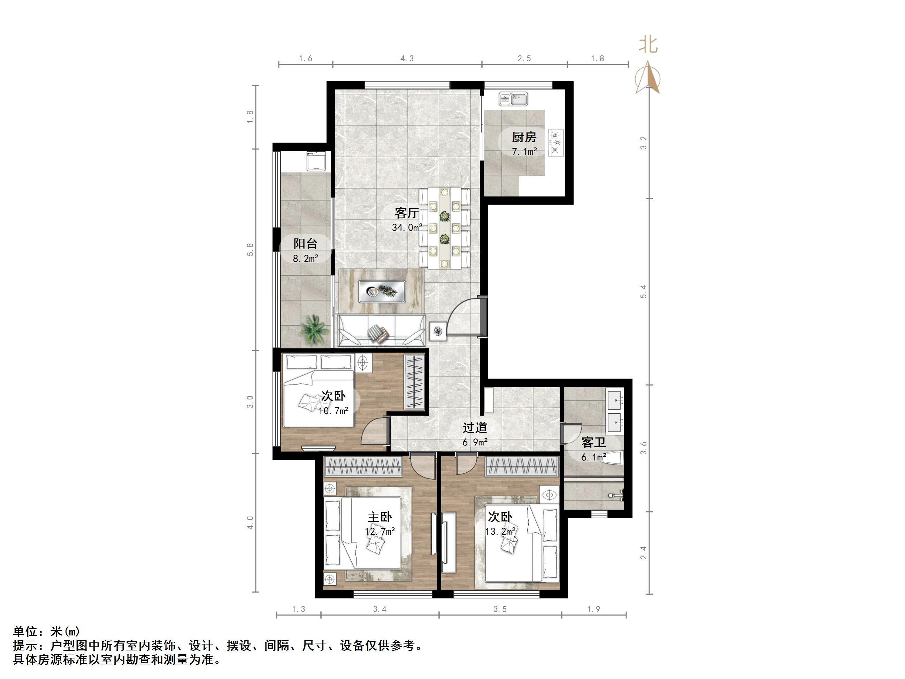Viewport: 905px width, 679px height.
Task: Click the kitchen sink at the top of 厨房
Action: (x=513, y=99)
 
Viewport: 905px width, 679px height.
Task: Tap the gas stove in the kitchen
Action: (x=557, y=142)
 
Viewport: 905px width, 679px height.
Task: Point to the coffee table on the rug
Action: (x=382, y=291)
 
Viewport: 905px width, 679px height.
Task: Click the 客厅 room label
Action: (x=407, y=213)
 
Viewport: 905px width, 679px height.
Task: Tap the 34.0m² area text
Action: (x=407, y=228)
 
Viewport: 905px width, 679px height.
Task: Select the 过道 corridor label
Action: (x=475, y=428)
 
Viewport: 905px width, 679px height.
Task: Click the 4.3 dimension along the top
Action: (x=407, y=59)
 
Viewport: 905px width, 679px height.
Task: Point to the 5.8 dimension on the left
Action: (x=250, y=249)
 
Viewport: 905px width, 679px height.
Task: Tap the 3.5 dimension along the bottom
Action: (x=500, y=609)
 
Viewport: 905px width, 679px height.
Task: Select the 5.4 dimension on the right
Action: (x=644, y=291)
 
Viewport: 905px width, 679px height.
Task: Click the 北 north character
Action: (x=649, y=45)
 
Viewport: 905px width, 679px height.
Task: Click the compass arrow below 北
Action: (x=648, y=78)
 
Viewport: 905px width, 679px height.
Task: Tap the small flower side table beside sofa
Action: (x=438, y=331)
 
